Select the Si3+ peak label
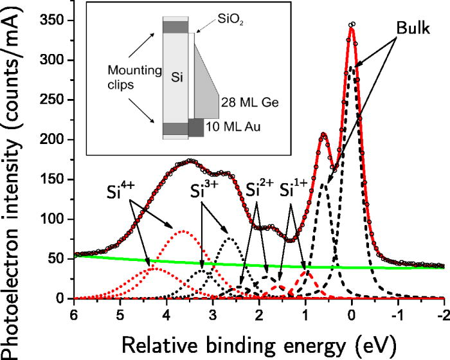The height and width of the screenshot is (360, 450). [204, 191]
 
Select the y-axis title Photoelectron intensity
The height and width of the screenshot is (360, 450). [14, 174]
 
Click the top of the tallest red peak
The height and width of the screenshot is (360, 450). [351, 25]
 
